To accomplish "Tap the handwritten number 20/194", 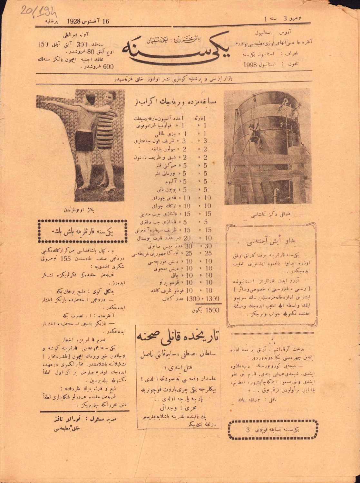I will (x=39, y=12).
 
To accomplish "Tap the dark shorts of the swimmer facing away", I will (x=84, y=140).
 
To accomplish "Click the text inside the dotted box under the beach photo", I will (x=83, y=231).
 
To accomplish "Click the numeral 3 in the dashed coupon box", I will (x=248, y=430).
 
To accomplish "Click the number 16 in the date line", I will (x=105, y=22).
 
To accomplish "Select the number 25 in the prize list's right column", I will (x=208, y=253).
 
